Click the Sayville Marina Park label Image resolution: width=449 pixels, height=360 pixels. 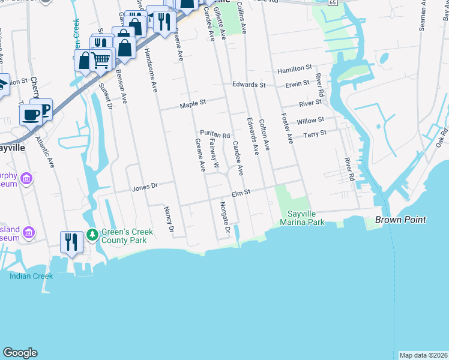(x=306, y=218)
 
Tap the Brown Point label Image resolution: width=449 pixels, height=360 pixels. (x=400, y=220)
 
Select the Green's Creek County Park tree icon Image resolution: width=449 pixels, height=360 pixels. (x=92, y=233)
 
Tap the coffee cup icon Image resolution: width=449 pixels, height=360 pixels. (x=31, y=114)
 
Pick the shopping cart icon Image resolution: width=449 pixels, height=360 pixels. (x=101, y=59)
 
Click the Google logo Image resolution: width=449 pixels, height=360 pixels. (x=20, y=353)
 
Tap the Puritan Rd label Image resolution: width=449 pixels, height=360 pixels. (x=215, y=135)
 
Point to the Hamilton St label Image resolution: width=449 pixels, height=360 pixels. (x=295, y=70)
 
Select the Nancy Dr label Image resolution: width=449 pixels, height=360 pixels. (x=169, y=220)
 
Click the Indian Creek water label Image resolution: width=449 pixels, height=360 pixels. (x=31, y=276)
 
